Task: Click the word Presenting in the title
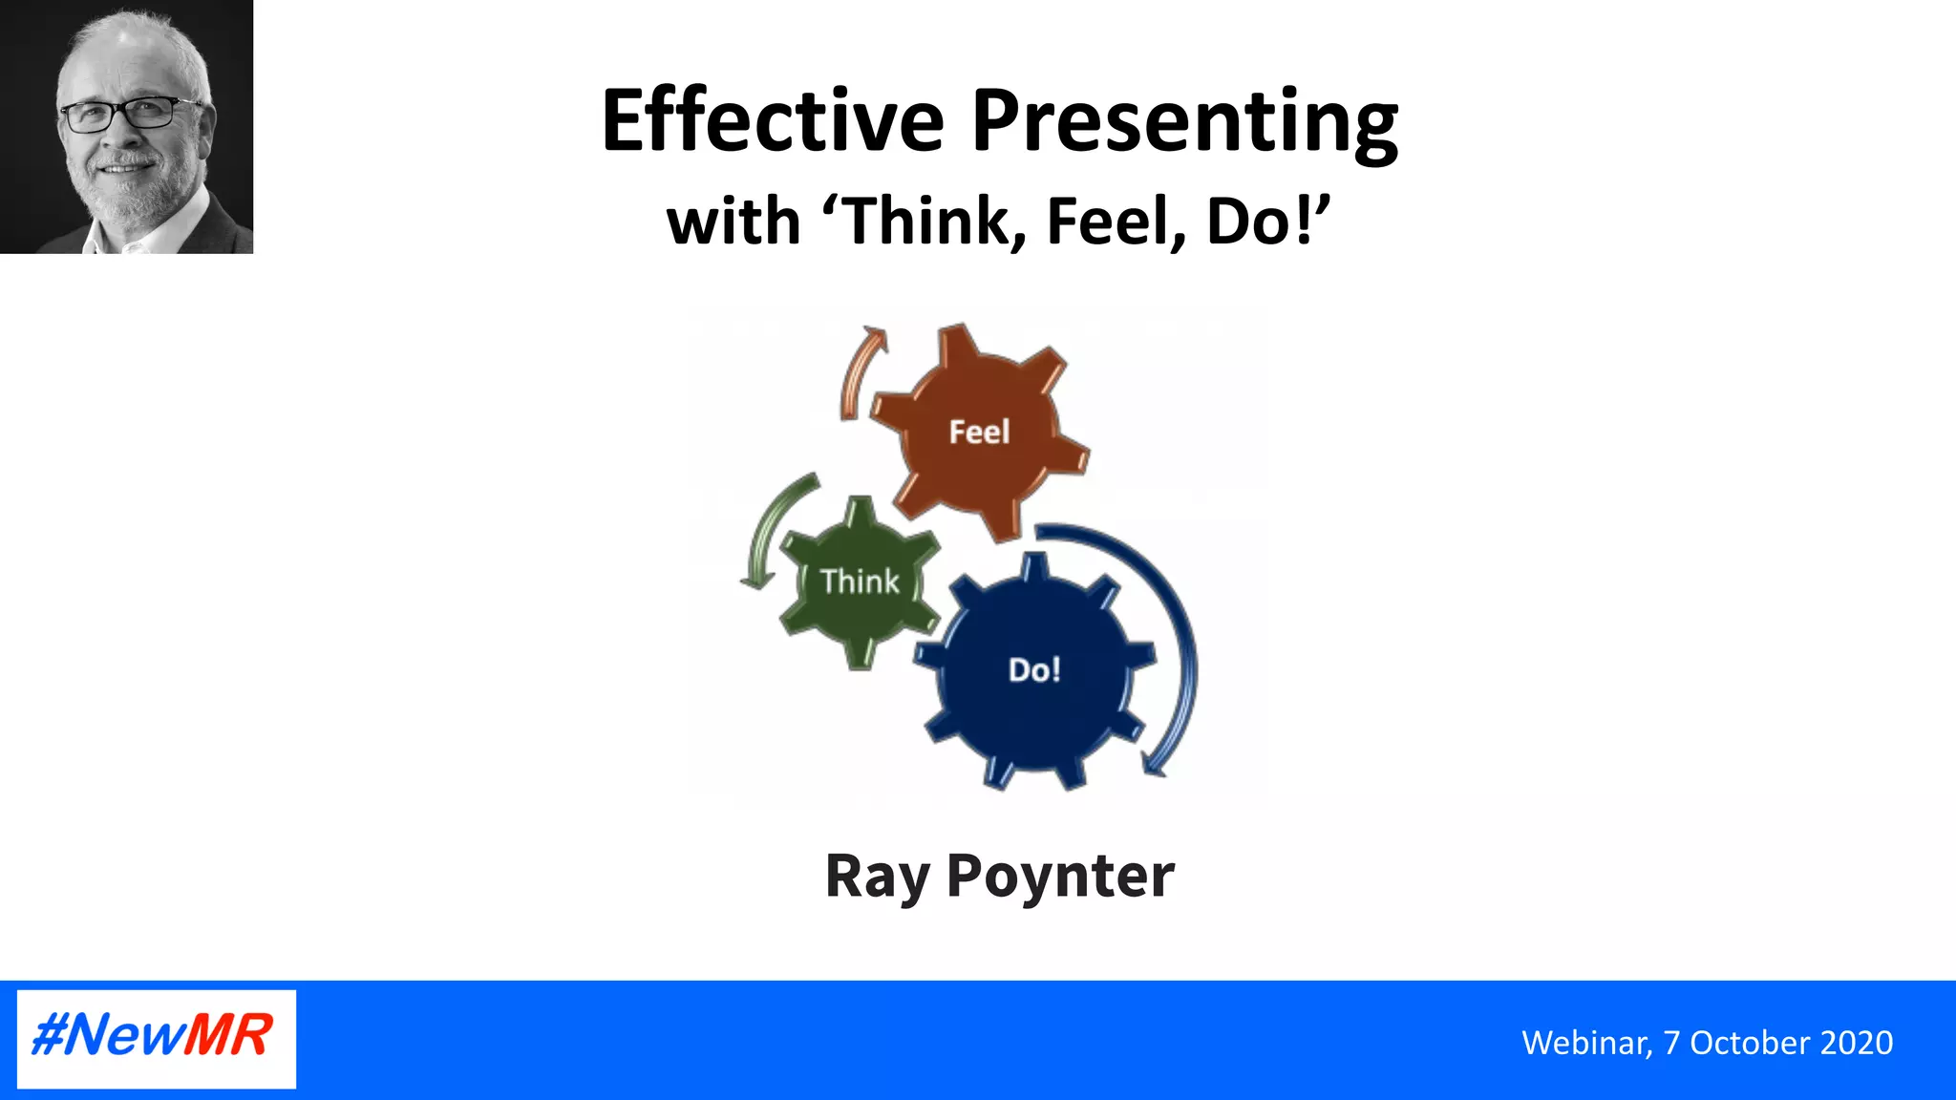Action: click(x=1184, y=122)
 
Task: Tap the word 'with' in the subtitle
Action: click(x=733, y=222)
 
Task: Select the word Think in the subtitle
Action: click(x=925, y=222)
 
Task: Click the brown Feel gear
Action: click(x=980, y=432)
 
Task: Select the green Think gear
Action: click(x=859, y=582)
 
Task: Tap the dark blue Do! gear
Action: click(x=1034, y=669)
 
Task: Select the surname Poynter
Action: click(x=1060, y=877)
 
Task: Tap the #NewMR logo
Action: click(x=156, y=1038)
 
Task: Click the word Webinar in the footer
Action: click(x=1585, y=1043)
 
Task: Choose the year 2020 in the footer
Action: click(x=1857, y=1043)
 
